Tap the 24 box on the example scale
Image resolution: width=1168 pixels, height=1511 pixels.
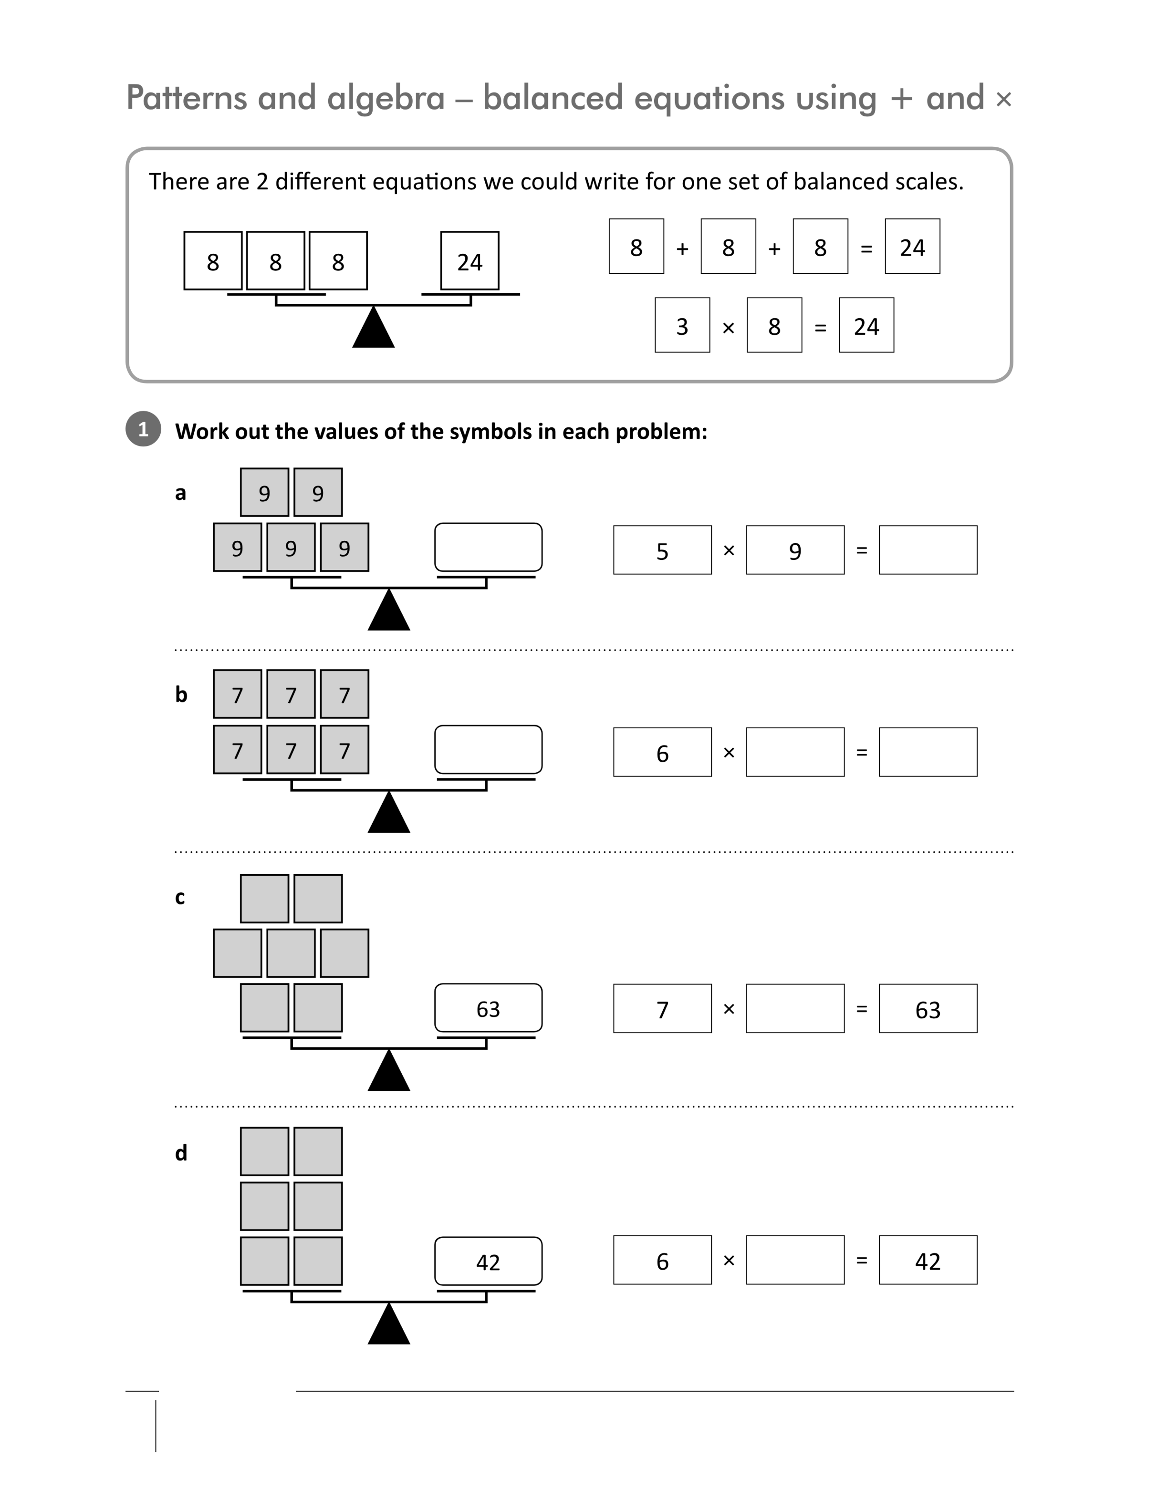click(x=470, y=261)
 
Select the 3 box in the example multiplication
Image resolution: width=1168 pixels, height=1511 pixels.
click(x=682, y=325)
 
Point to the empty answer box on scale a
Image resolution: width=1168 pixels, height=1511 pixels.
click(x=489, y=547)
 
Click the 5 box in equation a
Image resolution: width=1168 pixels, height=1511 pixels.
click(x=662, y=550)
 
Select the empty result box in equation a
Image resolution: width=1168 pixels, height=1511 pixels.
click(x=928, y=550)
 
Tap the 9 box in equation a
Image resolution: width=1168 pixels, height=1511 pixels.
click(x=795, y=550)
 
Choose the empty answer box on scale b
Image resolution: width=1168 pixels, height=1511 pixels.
click(x=489, y=749)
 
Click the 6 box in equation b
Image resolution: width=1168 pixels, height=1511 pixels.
click(x=662, y=752)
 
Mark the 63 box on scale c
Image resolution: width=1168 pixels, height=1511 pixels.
click(x=489, y=1008)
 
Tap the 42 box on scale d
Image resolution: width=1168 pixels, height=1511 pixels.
click(x=489, y=1261)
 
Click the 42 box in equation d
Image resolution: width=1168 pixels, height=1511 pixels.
click(x=928, y=1260)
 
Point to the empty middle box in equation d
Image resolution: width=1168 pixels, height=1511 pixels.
click(x=795, y=1260)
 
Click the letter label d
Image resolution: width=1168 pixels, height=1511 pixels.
click(x=181, y=1153)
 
